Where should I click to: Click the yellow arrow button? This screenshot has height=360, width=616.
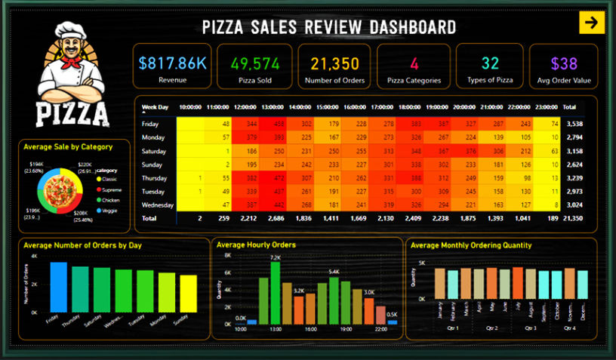pyautogui.click(x=592, y=23)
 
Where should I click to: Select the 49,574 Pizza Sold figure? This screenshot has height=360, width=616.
pyautogui.click(x=253, y=63)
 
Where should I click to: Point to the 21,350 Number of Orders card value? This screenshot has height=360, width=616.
pyautogui.click(x=334, y=63)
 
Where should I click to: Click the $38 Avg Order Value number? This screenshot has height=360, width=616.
pyautogui.click(x=564, y=63)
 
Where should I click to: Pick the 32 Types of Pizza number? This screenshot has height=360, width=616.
pyautogui.click(x=490, y=63)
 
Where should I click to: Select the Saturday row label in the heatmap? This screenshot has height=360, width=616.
pyautogui.click(x=154, y=150)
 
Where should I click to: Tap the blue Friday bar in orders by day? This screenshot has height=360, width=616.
pyautogui.click(x=58, y=287)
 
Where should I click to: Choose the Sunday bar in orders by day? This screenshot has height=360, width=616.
pyautogui.click(x=188, y=293)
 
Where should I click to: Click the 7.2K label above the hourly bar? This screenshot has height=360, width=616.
pyautogui.click(x=275, y=258)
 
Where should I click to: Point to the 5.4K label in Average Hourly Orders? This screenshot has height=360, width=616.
pyautogui.click(x=334, y=271)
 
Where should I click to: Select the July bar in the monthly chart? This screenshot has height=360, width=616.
pyautogui.click(x=518, y=283)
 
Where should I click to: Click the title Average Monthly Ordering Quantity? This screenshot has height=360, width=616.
pyautogui.click(x=471, y=245)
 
